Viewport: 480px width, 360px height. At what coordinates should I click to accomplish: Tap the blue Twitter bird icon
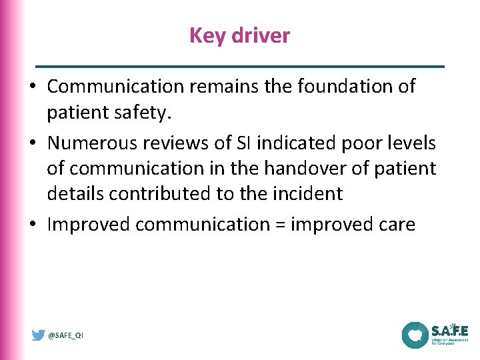pyautogui.click(x=39, y=335)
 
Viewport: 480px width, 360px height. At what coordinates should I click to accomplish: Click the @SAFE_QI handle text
pyautogui.click(x=66, y=335)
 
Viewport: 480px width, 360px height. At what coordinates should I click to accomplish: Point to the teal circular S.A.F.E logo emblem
pyautogui.click(x=415, y=335)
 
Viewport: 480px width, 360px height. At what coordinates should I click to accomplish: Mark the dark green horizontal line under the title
pyautogui.click(x=240, y=67)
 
